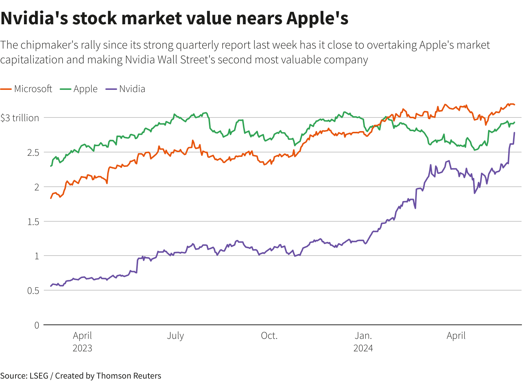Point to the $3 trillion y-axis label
point(20,118)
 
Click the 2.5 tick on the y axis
point(33,152)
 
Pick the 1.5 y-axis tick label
point(33,222)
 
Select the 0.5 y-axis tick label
point(33,291)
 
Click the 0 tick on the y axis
point(37,325)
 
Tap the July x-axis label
point(175,335)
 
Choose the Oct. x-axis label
point(269,335)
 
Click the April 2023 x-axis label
point(83,341)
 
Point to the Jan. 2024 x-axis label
point(363,341)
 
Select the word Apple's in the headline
point(317,18)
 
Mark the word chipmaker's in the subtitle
point(49,45)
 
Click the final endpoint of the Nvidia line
point(514,133)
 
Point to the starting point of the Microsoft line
point(51,198)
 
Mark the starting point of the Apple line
point(51,166)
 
